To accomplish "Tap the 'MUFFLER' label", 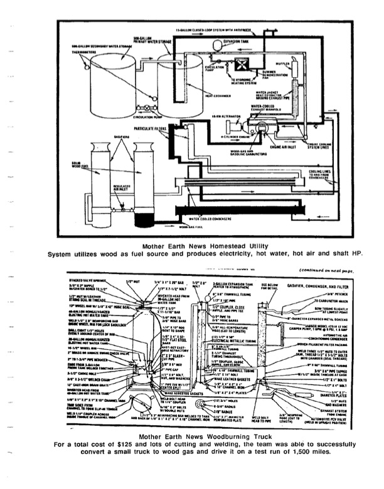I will click(283, 62).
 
